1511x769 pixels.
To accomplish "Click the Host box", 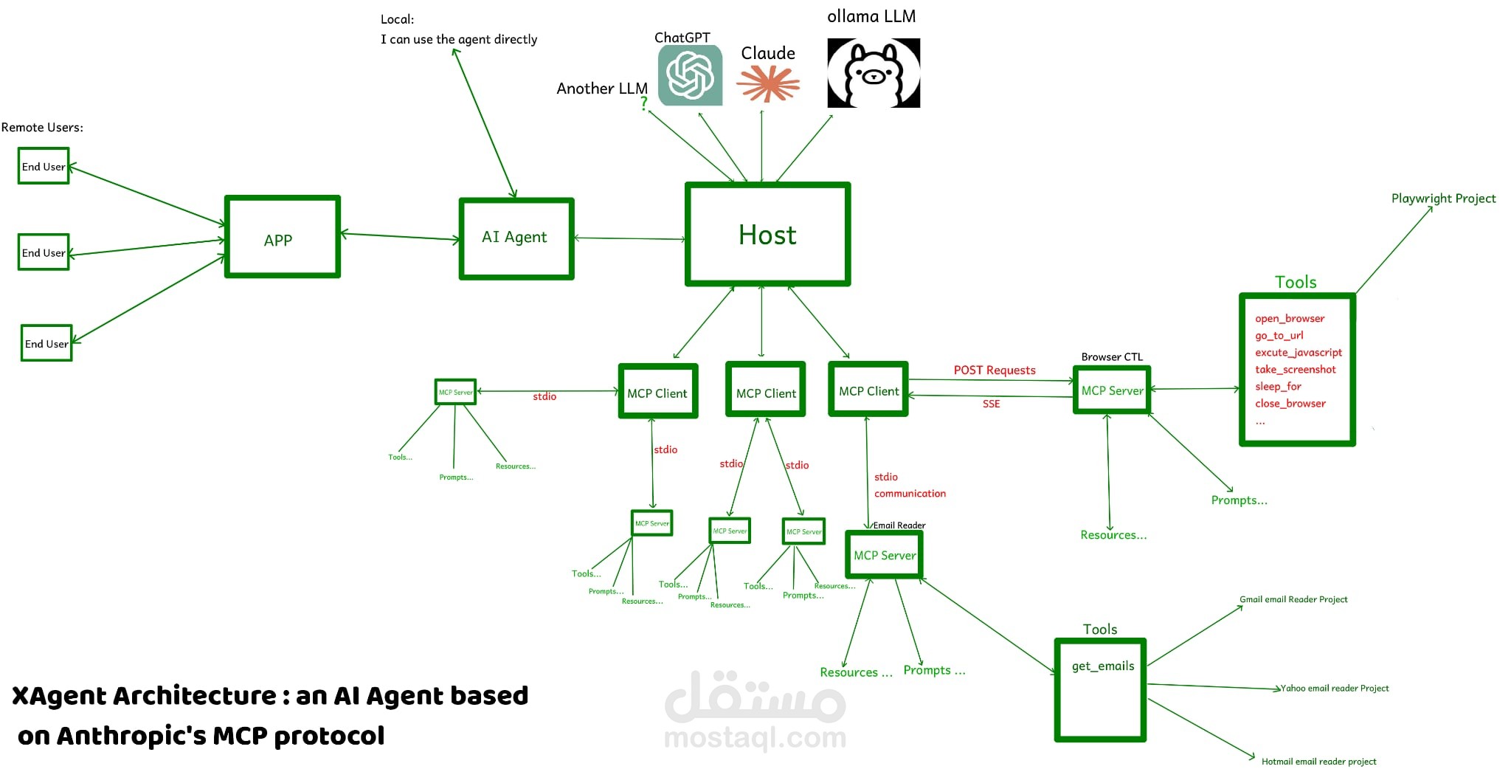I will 767,235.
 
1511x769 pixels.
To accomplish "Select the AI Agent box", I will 516,238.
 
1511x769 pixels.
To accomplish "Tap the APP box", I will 281,238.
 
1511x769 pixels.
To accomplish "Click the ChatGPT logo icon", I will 690,75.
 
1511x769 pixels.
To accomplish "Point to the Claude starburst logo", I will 768,83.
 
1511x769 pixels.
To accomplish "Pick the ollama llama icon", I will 874,74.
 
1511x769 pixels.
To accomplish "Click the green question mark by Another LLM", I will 644,104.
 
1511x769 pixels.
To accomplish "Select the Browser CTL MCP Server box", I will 1112,390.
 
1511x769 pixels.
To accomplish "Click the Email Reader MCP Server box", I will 884,555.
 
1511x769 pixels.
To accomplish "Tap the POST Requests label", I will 994,370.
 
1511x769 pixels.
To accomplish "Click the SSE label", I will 991,404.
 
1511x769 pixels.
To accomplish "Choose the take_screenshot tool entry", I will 1295,369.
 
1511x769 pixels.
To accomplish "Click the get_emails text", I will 1102,666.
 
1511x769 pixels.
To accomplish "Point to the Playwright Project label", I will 1443,198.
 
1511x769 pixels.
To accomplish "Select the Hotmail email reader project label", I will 1318,761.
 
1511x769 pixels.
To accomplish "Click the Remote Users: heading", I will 42,127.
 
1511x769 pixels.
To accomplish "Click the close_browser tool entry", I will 1290,403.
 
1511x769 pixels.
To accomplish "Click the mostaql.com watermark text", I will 755,737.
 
